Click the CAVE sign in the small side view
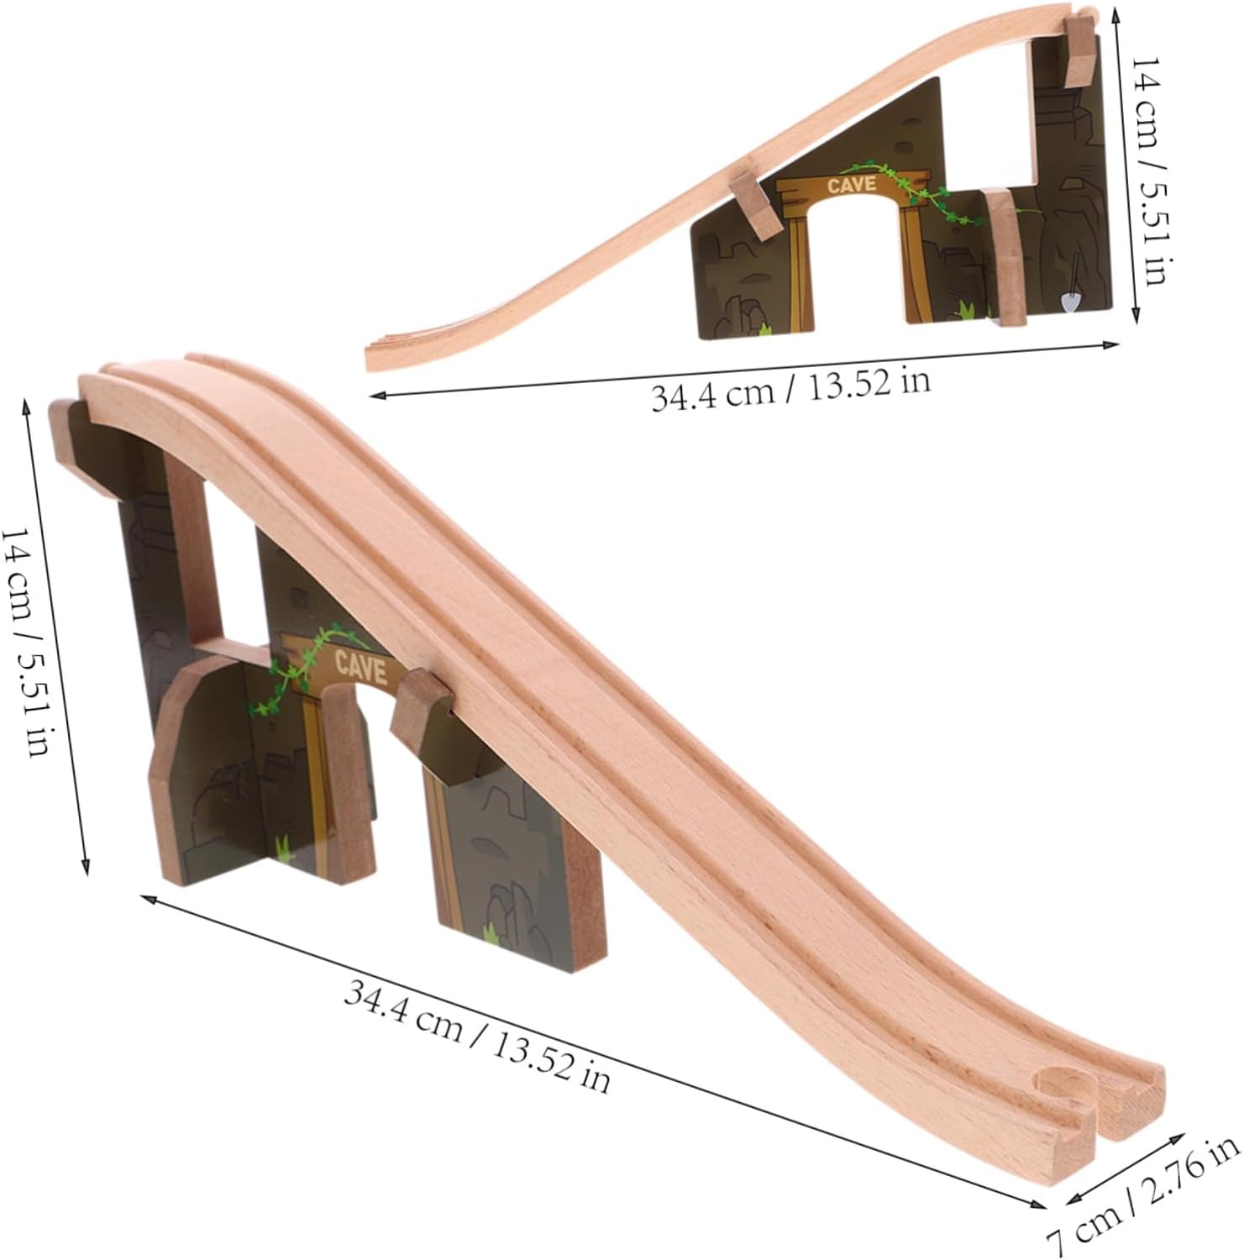pos(852,185)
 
